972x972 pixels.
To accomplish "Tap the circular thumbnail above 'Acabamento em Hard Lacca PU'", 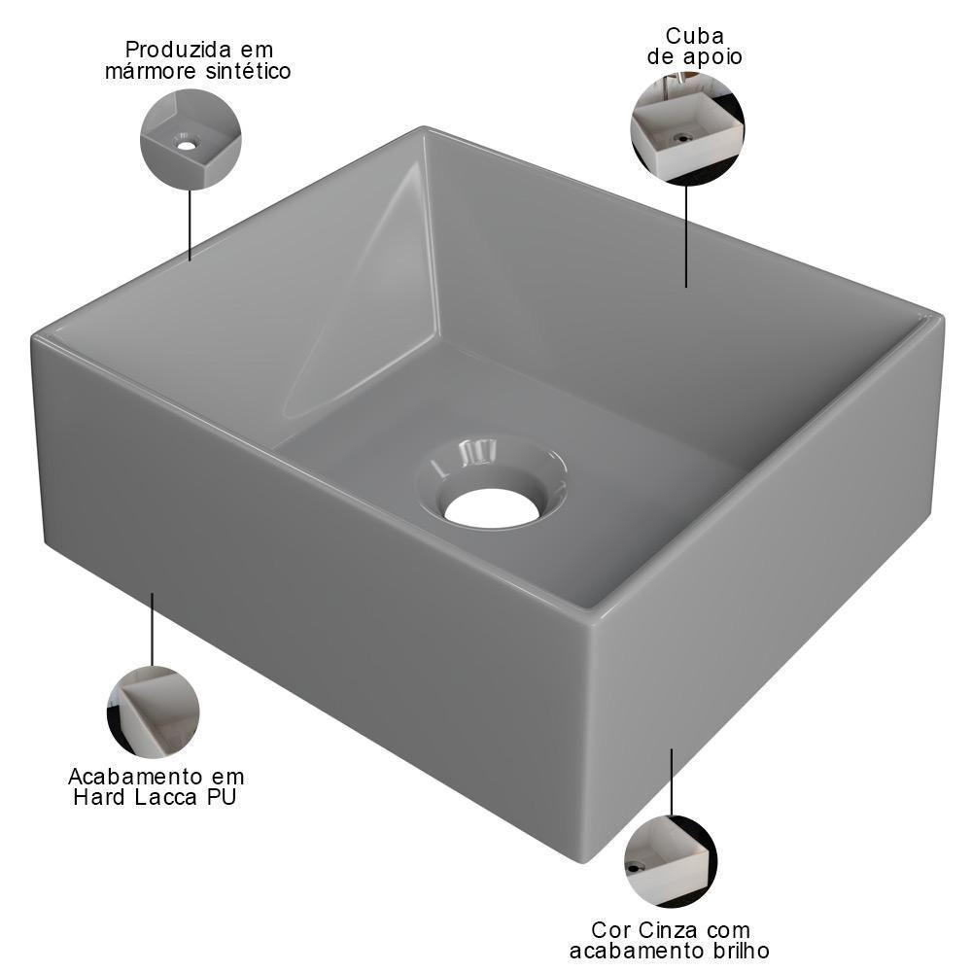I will tap(153, 712).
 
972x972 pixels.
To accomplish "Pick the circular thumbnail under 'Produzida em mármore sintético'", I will tap(191, 139).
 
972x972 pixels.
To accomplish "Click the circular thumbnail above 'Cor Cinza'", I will tap(671, 861).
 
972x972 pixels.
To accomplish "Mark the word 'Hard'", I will tap(99, 798).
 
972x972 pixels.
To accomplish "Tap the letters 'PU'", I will tap(222, 798).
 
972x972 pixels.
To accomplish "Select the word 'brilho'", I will tap(737, 951).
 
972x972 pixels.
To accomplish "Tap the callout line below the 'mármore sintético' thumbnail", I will tap(190, 225).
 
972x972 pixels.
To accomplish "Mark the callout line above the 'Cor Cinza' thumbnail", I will tap(671, 781).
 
